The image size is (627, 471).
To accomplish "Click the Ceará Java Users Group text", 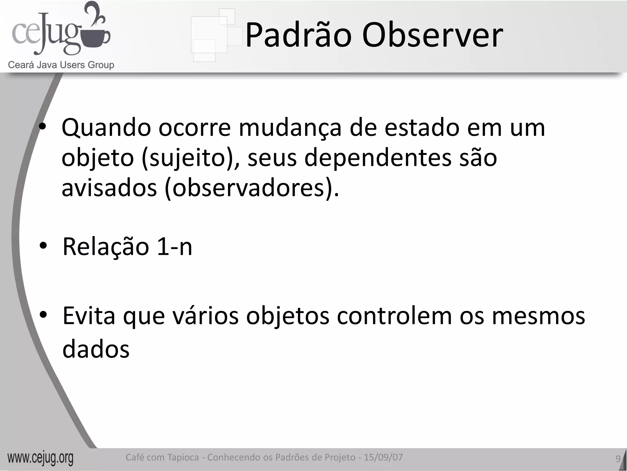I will tap(61, 65).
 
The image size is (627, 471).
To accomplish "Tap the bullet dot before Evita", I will tap(43, 315).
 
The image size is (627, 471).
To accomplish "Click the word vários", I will tap(205, 316).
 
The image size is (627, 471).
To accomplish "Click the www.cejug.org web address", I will tap(40, 458).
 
